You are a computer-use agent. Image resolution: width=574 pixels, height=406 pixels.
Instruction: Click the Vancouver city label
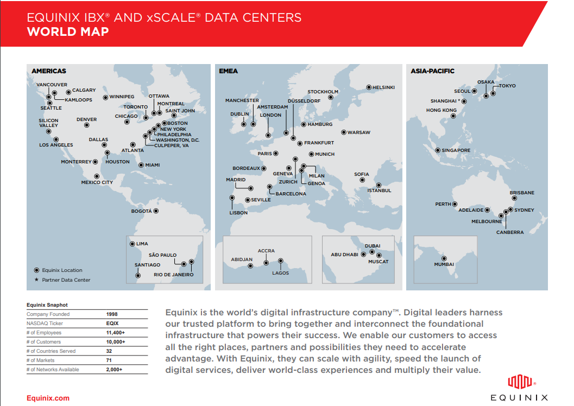52,85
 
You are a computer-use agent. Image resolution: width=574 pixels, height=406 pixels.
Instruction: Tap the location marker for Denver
86,125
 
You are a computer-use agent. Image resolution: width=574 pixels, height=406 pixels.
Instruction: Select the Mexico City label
97,182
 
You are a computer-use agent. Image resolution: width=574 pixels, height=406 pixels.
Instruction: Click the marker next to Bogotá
156,211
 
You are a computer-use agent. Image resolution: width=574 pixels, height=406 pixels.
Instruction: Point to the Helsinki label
383,87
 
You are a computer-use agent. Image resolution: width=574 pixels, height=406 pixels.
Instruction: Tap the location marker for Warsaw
343,132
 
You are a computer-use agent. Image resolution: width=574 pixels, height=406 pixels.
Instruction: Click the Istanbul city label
379,191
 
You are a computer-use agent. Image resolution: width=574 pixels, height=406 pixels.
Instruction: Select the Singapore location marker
438,150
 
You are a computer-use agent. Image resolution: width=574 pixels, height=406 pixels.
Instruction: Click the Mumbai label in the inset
444,264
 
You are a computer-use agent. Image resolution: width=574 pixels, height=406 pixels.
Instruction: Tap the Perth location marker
456,204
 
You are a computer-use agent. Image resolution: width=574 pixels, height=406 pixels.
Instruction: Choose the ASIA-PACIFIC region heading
432,71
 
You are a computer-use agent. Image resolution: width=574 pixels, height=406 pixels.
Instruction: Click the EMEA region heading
228,71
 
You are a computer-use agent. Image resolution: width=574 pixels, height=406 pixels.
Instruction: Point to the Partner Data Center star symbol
36,280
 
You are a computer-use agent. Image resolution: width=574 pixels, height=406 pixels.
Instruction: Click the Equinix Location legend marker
36,270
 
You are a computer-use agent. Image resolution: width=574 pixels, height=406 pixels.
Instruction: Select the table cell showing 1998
112,314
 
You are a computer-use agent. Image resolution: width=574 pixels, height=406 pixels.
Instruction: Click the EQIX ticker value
112,323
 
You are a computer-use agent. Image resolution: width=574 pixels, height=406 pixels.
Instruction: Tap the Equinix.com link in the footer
48,398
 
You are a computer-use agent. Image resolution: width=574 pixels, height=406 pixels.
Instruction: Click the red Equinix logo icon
519,382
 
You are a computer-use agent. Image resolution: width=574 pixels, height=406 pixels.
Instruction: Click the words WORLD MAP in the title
67,31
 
